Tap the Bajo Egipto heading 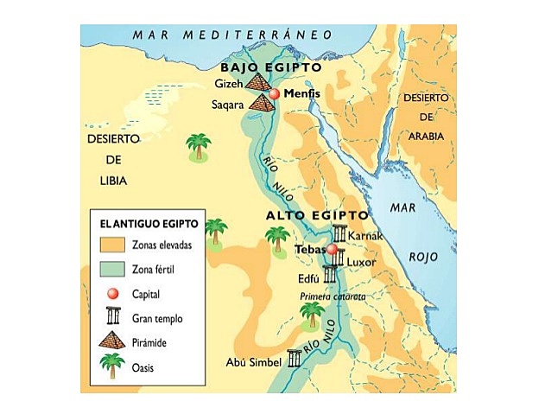click(270, 67)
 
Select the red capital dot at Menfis click(275, 93)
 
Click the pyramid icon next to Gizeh click(257, 82)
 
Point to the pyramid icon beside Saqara click(261, 103)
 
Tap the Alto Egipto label click(316, 214)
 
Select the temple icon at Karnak click(339, 234)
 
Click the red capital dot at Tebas click(330, 250)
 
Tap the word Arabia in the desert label click(427, 136)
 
